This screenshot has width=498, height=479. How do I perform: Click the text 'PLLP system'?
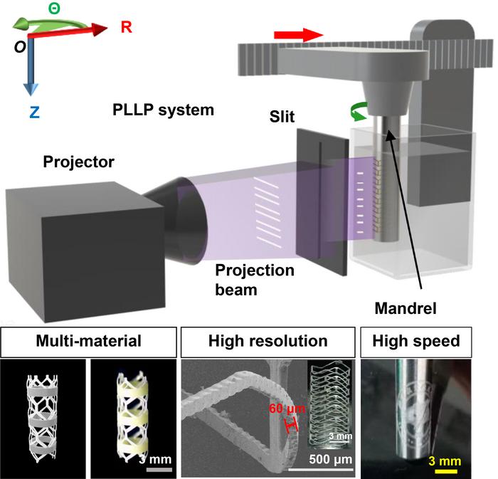(x=163, y=111)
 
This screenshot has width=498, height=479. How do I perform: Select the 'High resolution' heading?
(x=267, y=342)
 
